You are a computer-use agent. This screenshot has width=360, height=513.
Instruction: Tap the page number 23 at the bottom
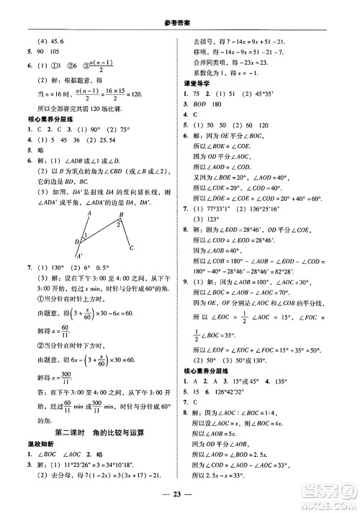180,494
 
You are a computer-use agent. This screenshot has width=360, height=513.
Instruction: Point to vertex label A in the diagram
89,214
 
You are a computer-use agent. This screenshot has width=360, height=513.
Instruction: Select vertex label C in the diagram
130,249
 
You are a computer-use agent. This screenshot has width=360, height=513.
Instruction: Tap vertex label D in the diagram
76,242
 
